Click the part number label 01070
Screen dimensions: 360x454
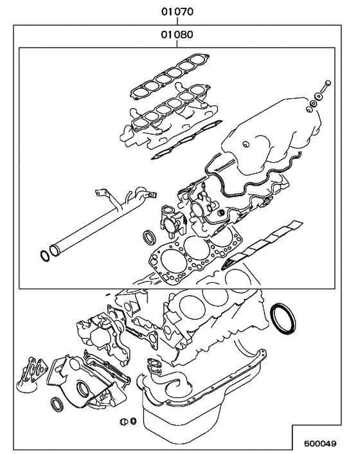click(x=177, y=12)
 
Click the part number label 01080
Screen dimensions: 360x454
click(x=177, y=35)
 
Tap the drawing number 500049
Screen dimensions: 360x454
click(x=320, y=443)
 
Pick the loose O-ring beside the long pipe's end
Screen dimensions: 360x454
click(x=45, y=255)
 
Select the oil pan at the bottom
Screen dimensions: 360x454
click(x=203, y=405)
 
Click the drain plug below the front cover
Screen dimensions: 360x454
click(x=124, y=422)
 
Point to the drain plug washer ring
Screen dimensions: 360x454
click(x=134, y=421)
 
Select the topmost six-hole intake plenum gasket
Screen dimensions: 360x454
click(x=170, y=76)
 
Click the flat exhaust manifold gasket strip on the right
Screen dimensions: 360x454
click(x=262, y=245)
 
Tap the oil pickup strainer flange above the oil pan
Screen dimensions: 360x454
click(x=155, y=365)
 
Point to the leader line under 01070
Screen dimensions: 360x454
click(x=177, y=21)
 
